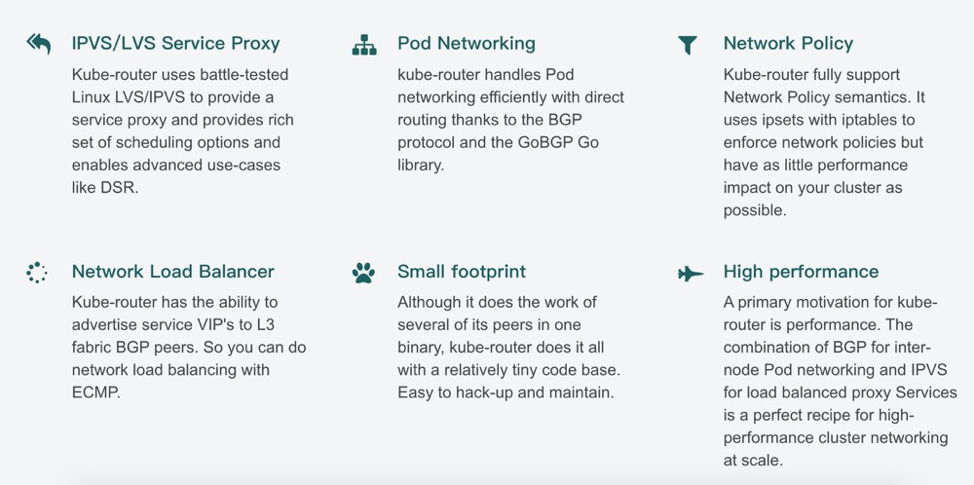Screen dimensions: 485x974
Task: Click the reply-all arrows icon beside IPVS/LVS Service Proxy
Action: pyautogui.click(x=38, y=44)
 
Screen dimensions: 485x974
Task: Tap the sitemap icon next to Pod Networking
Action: pyautogui.click(x=363, y=45)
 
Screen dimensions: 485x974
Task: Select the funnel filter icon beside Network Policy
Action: pyautogui.click(x=688, y=45)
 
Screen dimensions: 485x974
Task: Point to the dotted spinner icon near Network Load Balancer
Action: pyautogui.click(x=37, y=273)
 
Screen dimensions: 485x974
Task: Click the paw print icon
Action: pyautogui.click(x=363, y=274)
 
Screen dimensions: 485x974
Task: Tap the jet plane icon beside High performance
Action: pyautogui.click(x=690, y=274)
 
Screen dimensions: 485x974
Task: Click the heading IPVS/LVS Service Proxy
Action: pyautogui.click(x=175, y=44)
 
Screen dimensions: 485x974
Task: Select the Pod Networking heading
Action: pyautogui.click(x=467, y=44)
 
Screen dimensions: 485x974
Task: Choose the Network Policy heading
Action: pyautogui.click(x=788, y=44)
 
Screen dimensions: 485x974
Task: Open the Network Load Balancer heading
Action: pyautogui.click(x=172, y=273)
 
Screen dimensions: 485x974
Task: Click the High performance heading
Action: pyautogui.click(x=801, y=273)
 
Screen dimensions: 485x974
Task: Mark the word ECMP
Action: pyautogui.click(x=97, y=392)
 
